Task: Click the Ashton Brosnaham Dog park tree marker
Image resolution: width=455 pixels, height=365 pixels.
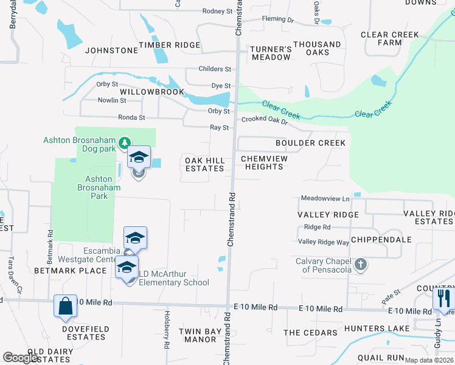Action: [125, 142]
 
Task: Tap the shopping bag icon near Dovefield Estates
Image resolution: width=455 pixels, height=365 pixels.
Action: [65, 306]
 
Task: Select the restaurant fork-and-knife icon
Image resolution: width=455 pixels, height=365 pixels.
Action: [443, 298]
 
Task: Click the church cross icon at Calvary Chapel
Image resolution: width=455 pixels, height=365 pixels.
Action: [361, 264]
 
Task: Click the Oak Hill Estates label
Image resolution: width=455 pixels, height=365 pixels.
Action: [205, 164]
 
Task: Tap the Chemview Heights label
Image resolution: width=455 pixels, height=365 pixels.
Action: [265, 162]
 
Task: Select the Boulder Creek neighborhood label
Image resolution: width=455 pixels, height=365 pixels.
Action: [310, 143]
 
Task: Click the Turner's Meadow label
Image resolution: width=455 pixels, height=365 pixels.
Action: [271, 53]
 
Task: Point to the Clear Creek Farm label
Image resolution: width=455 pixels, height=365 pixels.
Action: [390, 39]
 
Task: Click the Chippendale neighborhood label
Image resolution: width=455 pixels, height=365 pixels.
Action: [375, 240]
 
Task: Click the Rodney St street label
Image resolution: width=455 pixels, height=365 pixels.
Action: [218, 11]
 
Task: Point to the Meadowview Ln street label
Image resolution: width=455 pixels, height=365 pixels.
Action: [325, 198]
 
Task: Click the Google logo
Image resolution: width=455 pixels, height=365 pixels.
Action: [21, 358]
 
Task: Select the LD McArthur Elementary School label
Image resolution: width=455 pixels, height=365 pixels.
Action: [173, 278]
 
